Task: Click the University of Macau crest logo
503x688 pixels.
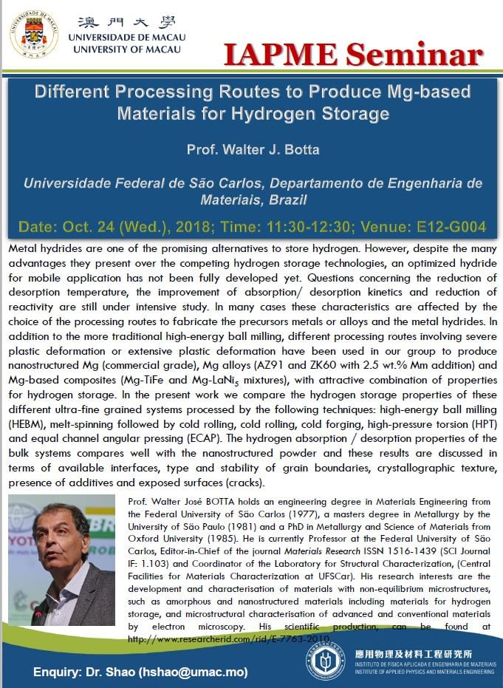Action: tap(34, 33)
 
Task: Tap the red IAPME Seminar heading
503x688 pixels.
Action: tap(360, 55)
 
